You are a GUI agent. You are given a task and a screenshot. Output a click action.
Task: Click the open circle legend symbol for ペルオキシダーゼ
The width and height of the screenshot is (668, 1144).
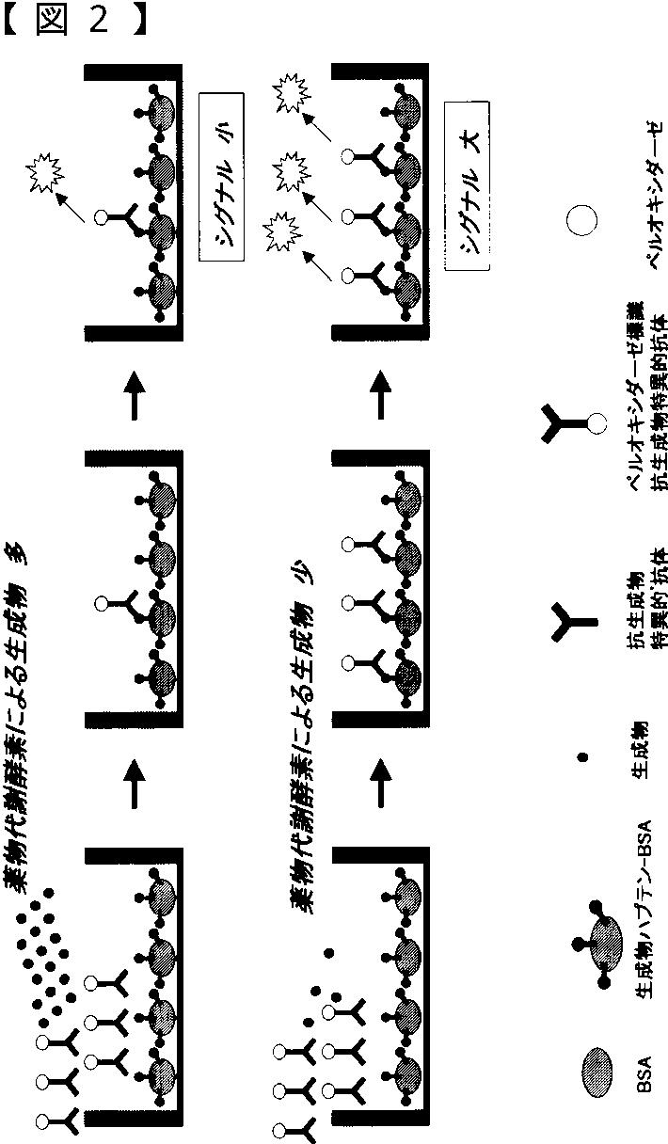(581, 222)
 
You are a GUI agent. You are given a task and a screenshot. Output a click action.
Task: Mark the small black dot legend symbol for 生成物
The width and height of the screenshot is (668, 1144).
(581, 755)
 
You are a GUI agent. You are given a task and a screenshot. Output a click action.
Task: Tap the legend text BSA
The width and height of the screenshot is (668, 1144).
(644, 1073)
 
